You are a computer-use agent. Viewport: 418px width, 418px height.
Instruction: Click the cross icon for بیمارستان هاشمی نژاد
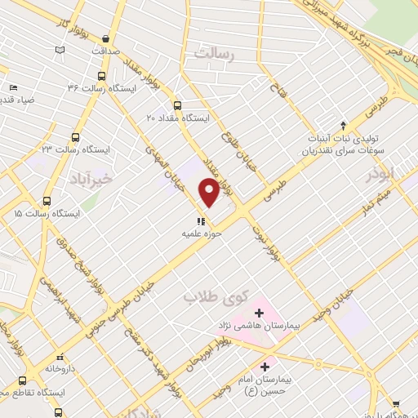click(259, 312)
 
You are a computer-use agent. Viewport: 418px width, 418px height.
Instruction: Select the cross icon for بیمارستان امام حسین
click(264, 367)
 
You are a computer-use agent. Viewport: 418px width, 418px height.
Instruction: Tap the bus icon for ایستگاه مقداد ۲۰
click(177, 104)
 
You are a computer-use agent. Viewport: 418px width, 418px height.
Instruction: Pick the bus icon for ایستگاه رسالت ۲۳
click(76, 138)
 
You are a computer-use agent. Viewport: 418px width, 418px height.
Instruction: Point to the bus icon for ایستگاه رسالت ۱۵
click(47, 200)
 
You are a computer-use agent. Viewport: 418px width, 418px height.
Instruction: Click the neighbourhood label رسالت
click(213, 54)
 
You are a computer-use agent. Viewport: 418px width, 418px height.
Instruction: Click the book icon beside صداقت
click(60, 50)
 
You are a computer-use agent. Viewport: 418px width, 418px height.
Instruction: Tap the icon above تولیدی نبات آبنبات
click(344, 125)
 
